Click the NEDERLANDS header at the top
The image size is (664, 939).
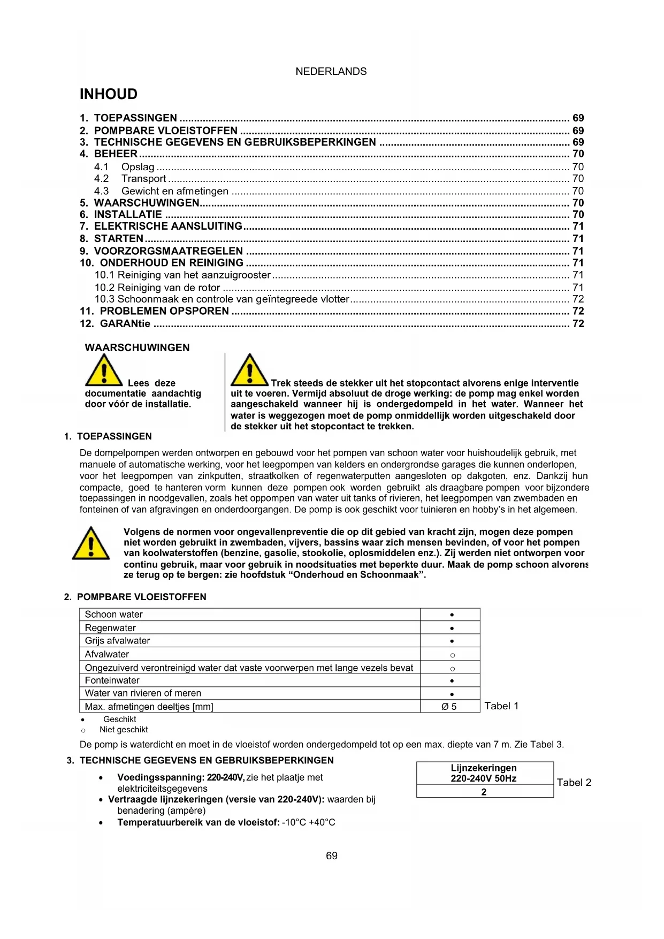point(331,71)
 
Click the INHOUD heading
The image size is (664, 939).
point(109,94)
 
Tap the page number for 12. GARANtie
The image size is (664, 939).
point(578,323)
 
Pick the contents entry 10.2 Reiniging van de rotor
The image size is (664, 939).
point(157,287)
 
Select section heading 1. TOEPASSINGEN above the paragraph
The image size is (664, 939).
point(108,436)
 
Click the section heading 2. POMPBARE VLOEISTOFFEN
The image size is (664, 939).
point(135,597)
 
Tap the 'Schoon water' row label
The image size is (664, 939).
point(114,615)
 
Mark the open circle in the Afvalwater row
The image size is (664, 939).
point(452,655)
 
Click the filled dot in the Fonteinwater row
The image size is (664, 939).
point(452,681)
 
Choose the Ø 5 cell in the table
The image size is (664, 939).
point(449,707)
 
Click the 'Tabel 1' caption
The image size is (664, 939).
point(501,706)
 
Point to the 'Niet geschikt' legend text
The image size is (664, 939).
point(124,730)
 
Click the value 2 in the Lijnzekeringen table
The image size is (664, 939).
point(484,792)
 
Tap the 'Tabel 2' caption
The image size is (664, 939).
point(574,783)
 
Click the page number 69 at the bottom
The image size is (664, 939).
point(332,855)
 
